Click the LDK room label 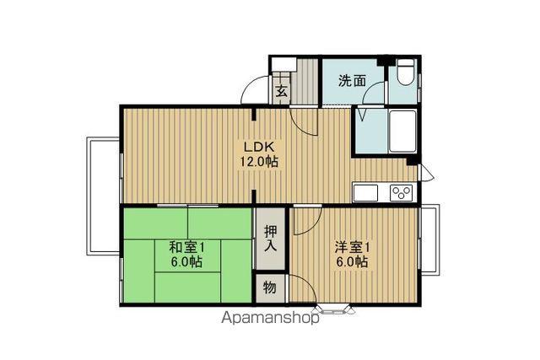pos(259,147)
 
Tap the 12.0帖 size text pos(259,161)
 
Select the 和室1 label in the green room pos(187,247)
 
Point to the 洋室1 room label pos(353,247)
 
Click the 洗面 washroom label pos(352,81)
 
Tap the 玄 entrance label pos(281,91)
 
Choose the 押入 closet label pos(270,239)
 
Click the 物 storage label pos(270,287)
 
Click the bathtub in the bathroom pos(402,132)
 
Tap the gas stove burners pos(402,193)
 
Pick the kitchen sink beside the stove pos(365,193)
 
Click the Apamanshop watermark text pos(270,318)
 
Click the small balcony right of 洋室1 pos(430,239)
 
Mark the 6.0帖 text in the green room pos(187,262)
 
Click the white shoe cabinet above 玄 pos(284,64)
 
